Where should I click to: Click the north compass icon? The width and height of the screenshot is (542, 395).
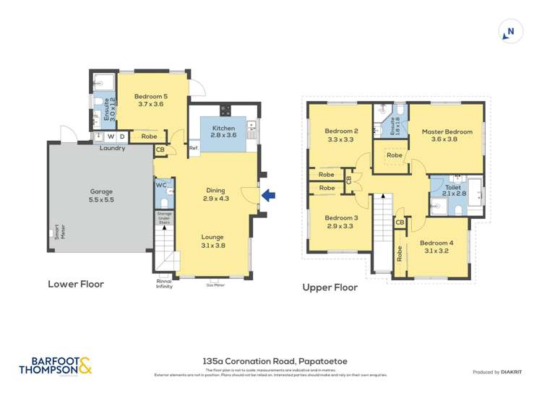[510, 32]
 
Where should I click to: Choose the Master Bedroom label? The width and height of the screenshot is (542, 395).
[447, 136]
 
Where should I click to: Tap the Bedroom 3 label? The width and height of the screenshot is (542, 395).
[340, 222]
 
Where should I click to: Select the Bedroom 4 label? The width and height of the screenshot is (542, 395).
[436, 247]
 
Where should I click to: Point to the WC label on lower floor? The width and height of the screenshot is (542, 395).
[161, 185]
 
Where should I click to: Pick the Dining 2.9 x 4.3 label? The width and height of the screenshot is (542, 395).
[216, 194]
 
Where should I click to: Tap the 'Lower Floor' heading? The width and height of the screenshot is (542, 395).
[76, 284]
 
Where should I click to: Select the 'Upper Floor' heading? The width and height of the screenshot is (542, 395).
[330, 287]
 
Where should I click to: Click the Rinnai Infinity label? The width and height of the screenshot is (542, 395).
[164, 284]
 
